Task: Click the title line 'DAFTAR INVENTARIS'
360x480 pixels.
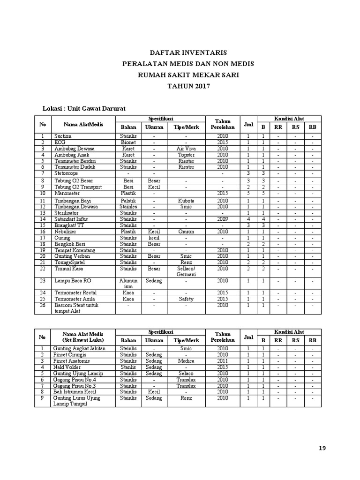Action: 180,53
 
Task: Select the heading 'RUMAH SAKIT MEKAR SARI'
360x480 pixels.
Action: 180,75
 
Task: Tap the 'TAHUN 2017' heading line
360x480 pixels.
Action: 180,86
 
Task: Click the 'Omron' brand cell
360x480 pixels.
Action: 186,232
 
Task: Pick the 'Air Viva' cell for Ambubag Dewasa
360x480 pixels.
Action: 186,149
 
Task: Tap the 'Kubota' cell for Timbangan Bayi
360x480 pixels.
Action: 186,201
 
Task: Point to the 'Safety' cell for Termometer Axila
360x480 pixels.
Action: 186,299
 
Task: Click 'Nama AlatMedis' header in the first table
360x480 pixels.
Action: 83,125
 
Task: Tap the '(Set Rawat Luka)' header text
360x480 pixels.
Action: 83,340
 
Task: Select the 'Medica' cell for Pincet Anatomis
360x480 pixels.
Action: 186,361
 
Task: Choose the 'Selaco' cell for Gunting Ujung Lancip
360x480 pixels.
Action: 186,374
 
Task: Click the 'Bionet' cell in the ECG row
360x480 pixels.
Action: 128,142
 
